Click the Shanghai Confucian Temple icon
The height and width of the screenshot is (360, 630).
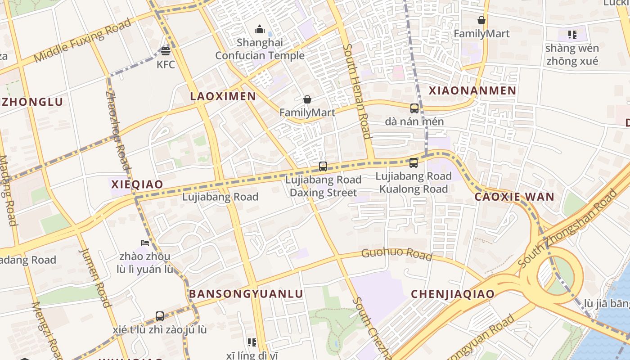(260, 30)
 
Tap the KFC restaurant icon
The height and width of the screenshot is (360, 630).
(166, 51)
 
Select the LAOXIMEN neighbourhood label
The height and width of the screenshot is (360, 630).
(223, 96)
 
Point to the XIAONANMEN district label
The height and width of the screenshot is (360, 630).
(472, 90)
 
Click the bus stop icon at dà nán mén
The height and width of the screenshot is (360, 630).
(414, 108)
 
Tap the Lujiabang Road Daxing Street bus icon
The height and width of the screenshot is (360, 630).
(323, 166)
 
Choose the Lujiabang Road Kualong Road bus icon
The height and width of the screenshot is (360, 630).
(414, 163)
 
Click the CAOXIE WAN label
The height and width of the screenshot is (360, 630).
(514, 197)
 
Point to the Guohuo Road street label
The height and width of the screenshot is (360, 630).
(396, 254)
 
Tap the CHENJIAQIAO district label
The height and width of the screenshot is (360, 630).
(453, 294)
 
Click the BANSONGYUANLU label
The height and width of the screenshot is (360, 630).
(246, 294)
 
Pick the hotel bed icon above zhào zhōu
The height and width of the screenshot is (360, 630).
(144, 243)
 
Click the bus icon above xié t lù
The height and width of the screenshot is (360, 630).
(160, 316)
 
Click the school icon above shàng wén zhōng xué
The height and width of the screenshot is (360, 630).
(572, 34)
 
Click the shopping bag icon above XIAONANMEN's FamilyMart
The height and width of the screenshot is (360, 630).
(481, 20)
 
